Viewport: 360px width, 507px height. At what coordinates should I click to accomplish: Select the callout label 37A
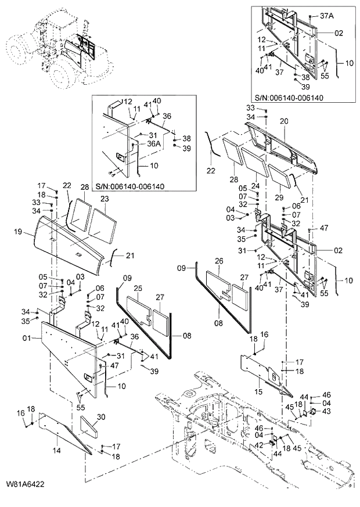tap(326, 16)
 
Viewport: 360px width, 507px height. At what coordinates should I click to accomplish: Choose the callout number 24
tap(254, 186)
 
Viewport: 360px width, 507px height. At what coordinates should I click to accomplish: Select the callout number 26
tap(218, 261)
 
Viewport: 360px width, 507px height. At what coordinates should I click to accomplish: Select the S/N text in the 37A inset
tap(289, 98)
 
